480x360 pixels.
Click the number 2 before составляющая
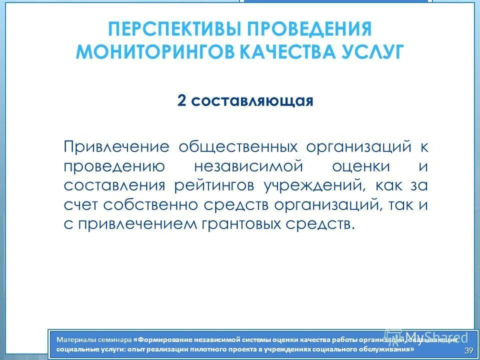coord(181,101)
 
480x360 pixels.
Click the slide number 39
coord(468,349)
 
